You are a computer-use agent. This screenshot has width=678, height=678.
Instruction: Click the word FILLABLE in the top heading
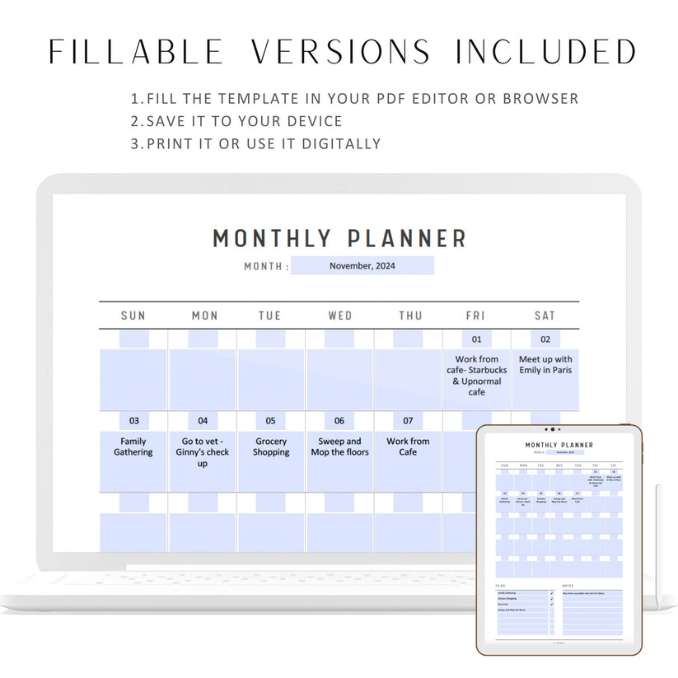(136, 52)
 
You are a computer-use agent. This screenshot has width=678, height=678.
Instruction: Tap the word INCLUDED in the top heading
(545, 52)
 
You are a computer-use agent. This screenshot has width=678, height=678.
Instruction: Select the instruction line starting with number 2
(236, 121)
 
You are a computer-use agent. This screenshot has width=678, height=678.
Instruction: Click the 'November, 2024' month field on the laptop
(362, 265)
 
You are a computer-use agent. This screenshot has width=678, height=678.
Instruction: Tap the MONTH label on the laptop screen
(264, 266)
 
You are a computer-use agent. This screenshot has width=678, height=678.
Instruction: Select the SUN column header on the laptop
(133, 316)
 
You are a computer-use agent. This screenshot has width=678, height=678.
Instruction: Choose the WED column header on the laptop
(339, 316)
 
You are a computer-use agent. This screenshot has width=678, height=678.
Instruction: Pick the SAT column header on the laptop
(545, 316)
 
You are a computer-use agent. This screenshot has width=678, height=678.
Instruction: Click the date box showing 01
(476, 339)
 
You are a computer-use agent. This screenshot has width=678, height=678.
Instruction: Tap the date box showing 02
(545, 339)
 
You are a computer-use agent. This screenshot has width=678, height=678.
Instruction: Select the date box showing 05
(271, 420)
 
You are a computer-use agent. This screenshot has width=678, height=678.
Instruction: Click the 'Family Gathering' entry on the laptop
(133, 447)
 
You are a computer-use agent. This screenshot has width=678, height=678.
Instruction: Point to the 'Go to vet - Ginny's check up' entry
(203, 452)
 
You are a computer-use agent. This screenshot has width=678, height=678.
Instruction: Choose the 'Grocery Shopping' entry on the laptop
(271, 447)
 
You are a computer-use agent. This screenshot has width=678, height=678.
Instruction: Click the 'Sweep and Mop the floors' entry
(339, 447)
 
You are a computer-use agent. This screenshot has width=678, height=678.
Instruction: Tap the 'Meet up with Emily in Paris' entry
(545, 365)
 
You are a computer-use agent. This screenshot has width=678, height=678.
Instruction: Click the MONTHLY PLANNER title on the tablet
(559, 445)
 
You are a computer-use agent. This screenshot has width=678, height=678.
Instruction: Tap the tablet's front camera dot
(553, 429)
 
